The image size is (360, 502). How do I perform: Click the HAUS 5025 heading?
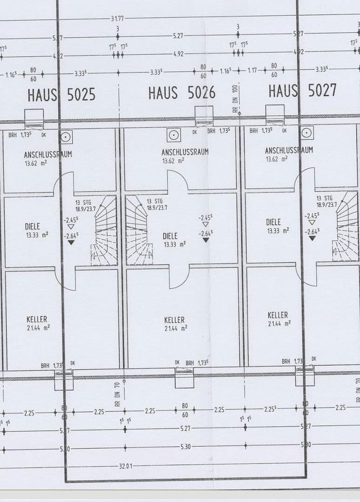(x=61, y=95)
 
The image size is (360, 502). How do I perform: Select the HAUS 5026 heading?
(x=182, y=93)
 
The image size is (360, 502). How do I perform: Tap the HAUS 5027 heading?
(x=302, y=91)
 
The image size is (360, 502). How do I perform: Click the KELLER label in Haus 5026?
(x=174, y=320)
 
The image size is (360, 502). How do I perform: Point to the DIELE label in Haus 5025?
(x=33, y=226)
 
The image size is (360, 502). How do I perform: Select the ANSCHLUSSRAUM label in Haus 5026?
(x=185, y=152)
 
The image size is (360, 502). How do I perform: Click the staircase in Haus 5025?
(x=105, y=230)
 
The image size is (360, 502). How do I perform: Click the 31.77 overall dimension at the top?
(x=117, y=18)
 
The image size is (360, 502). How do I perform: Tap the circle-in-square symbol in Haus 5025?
(x=66, y=137)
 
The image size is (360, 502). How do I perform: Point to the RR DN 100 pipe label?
(x=235, y=98)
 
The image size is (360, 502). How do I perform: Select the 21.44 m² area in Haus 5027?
(x=280, y=323)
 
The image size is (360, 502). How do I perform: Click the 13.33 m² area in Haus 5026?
(x=174, y=244)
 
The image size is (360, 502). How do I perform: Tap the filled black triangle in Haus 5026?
(x=205, y=240)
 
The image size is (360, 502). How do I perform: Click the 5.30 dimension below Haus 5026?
(x=185, y=447)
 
